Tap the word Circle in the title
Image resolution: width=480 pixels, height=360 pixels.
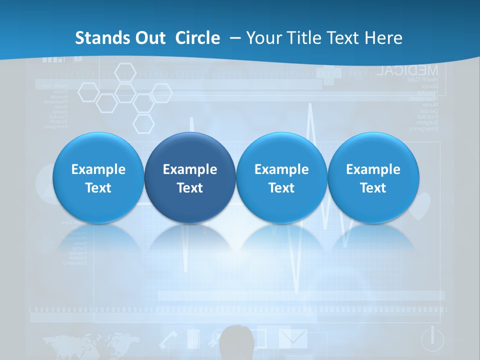click(197, 38)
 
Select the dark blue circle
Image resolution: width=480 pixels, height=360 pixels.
click(190, 178)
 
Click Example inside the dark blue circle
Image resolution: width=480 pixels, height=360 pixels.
click(190, 169)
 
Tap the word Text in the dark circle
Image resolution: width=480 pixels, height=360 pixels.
click(190, 188)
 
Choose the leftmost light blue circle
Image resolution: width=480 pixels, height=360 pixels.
click(98, 178)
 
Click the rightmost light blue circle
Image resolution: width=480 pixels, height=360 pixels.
click(373, 178)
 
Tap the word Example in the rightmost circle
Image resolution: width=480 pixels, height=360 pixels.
click(373, 169)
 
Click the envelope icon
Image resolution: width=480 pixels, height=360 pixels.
click(293, 338)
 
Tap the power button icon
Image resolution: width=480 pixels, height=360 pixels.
click(432, 339)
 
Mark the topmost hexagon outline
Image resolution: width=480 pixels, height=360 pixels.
click(125, 72)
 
